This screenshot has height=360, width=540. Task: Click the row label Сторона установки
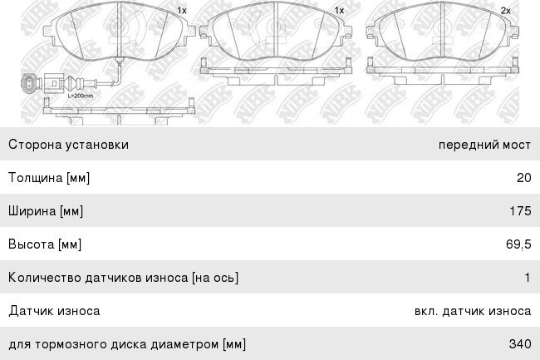68,145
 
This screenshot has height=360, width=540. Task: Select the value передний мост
484,145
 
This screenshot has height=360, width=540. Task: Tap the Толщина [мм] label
49,178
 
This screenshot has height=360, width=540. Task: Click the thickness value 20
524,178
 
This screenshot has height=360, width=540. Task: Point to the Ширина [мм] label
46,211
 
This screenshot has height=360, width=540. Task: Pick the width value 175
520,211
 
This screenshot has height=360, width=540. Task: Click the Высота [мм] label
45,244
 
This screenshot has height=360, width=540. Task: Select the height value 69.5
518,244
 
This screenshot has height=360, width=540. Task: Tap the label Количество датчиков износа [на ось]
123,278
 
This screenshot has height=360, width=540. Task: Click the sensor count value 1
528,278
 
